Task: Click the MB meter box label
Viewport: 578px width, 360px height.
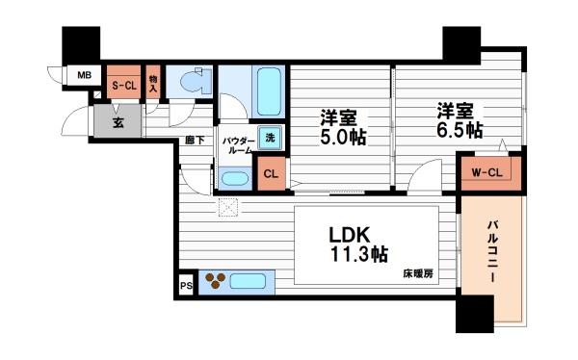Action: (84, 75)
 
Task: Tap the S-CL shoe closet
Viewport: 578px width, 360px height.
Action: (122, 85)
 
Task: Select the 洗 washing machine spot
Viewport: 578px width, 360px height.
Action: (271, 138)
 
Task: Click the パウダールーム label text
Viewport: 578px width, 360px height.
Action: (237, 146)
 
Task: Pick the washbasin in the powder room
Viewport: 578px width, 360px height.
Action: (234, 178)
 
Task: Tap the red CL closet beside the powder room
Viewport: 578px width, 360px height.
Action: (271, 174)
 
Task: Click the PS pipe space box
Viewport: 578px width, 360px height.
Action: (185, 286)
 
